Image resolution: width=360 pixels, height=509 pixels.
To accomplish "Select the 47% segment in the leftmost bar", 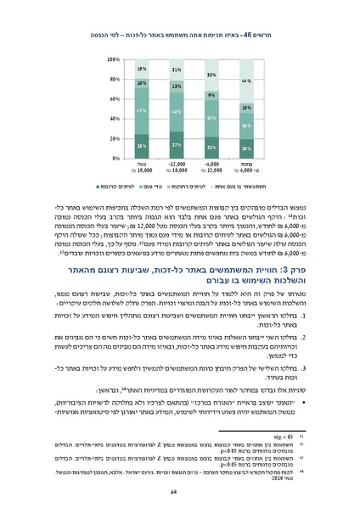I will click(142, 110).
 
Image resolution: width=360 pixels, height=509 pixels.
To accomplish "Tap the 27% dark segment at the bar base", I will click(176, 145).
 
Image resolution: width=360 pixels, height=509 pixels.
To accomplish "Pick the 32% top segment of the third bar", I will click(211, 76).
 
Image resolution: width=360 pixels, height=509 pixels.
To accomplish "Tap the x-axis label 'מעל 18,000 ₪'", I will click(142, 168).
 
